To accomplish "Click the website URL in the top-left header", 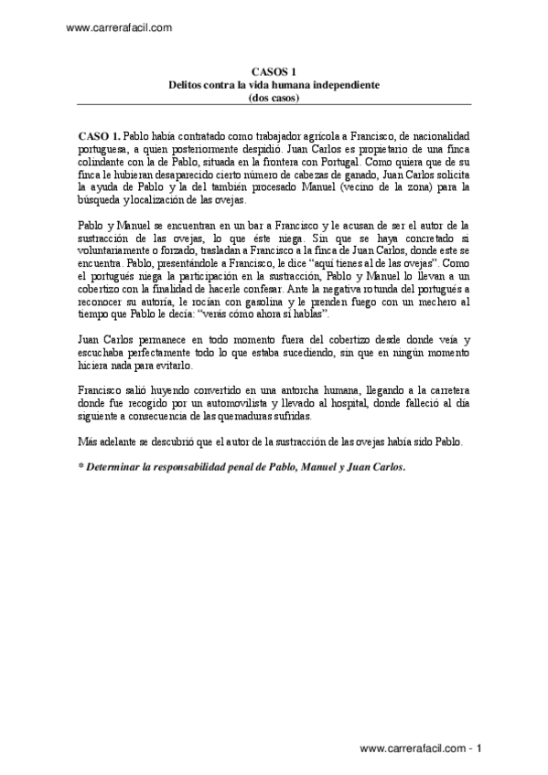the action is (x=120, y=28).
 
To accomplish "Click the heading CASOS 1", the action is (x=274, y=70).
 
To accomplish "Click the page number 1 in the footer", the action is (x=478, y=748).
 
